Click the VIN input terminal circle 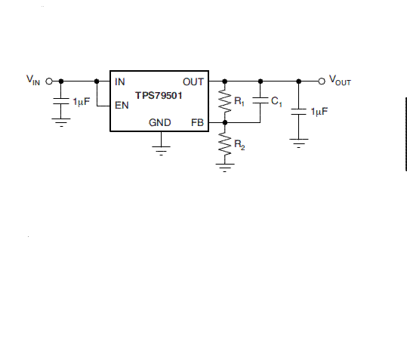pos(49,82)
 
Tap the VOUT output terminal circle pos(322,82)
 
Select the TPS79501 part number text pos(159,95)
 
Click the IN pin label pos(119,82)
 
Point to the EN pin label pos(122,106)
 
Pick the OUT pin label pos(193,82)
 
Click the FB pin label pos(197,122)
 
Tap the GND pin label pos(159,122)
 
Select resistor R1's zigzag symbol pos(225,101)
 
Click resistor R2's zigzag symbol pos(225,143)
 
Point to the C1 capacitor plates pos(261,100)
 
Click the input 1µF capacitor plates pos(61,101)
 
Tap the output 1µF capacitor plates pos(299,112)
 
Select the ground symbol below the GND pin pos(161,150)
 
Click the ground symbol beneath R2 pos(225,168)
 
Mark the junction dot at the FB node pos(225,122)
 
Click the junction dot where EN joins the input pos(97,82)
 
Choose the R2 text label pos(239,145)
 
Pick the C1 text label pos(276,101)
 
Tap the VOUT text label pos(340,81)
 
